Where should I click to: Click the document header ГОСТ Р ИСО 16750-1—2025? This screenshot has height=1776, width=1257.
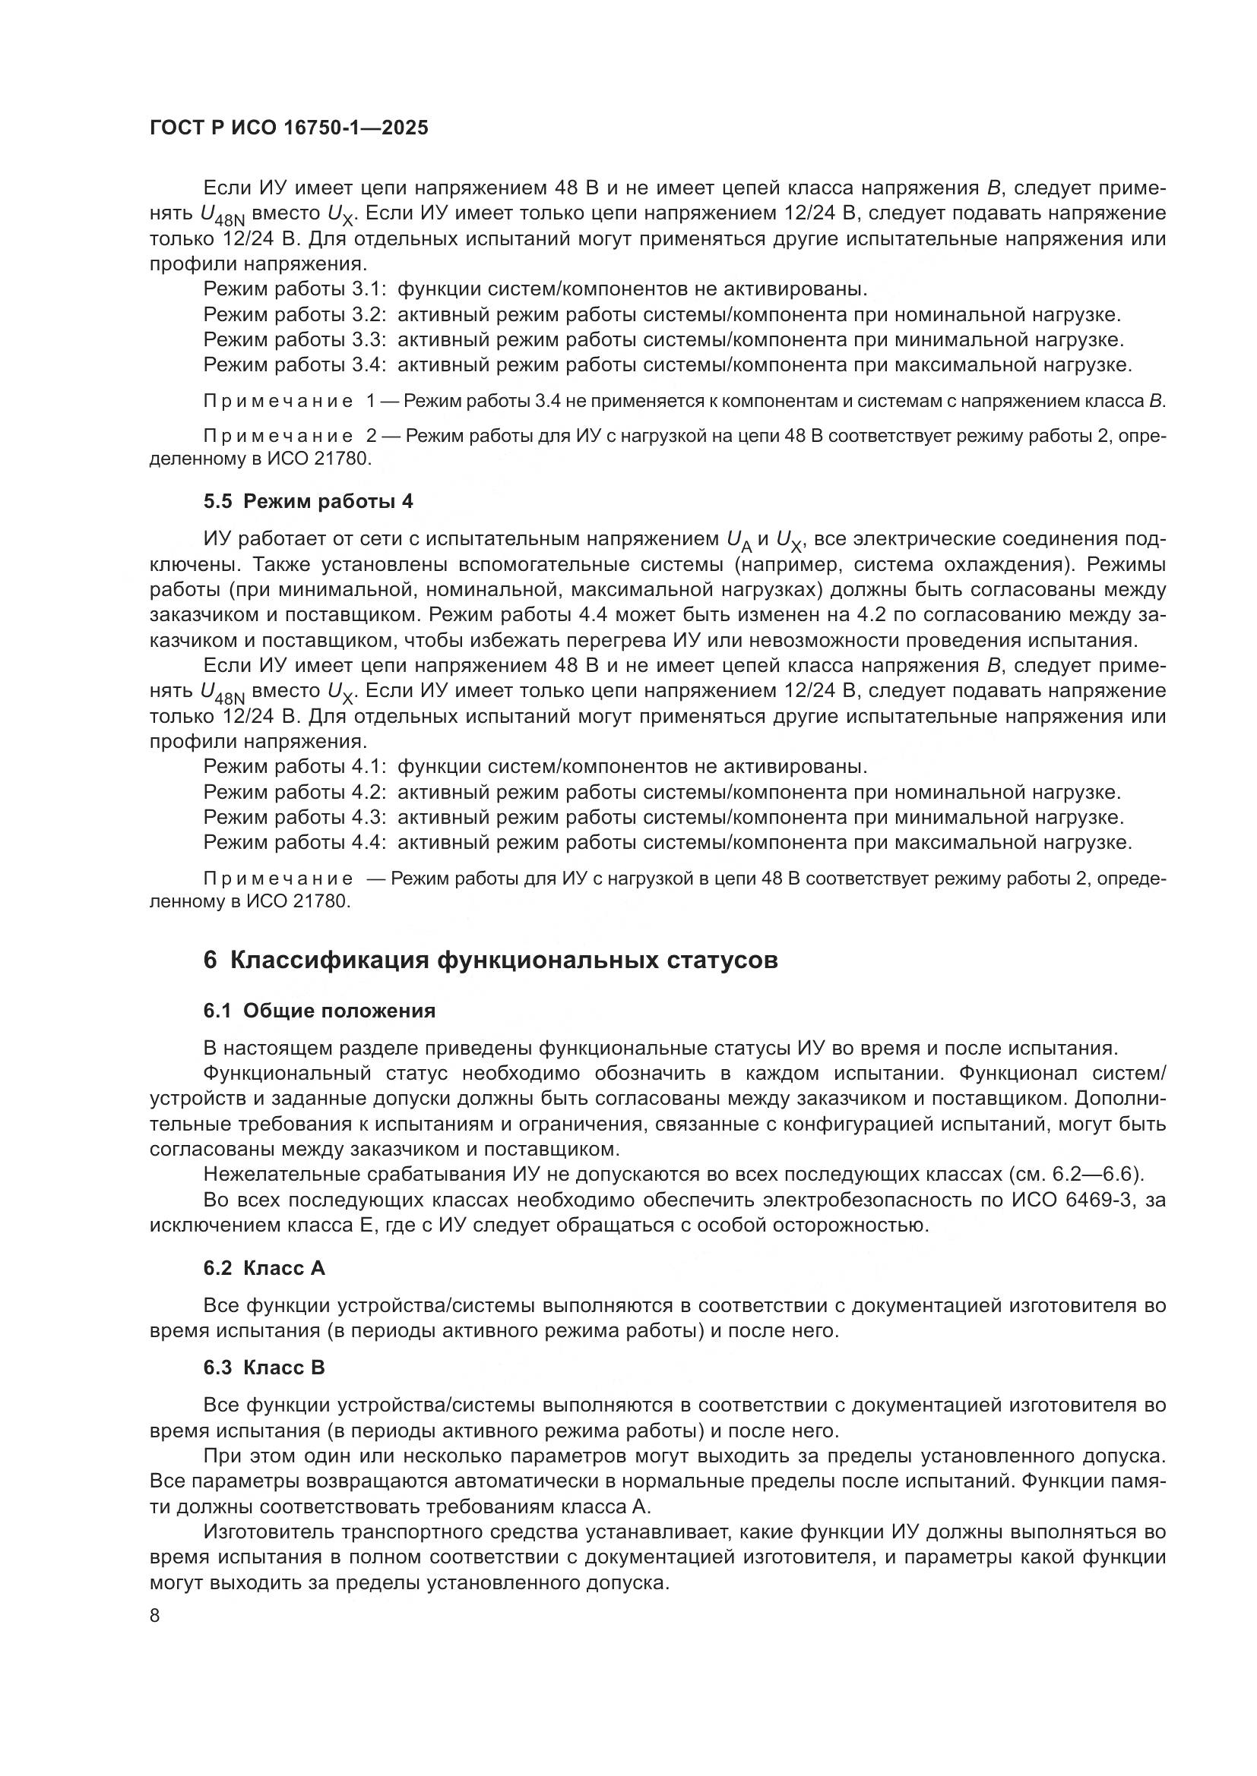point(288,128)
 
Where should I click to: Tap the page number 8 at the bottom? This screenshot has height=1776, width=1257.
point(155,1616)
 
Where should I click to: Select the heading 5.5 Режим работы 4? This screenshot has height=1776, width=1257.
point(308,502)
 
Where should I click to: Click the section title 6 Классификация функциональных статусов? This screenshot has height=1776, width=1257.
point(491,961)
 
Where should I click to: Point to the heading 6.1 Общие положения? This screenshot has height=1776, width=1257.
point(319,1011)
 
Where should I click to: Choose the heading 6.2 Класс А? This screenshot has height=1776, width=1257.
point(264,1269)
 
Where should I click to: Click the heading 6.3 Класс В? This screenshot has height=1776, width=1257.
point(264,1368)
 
